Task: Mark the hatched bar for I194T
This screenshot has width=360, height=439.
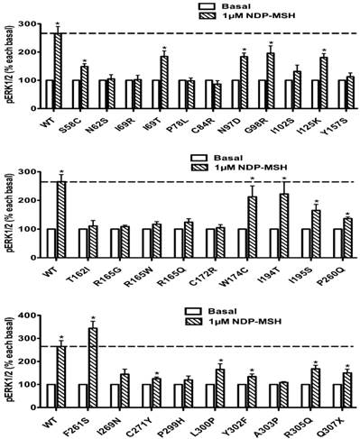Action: coord(285,223)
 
